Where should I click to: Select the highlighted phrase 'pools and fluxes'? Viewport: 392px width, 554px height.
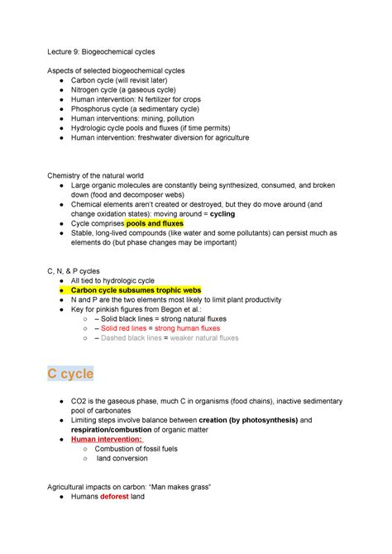tap(155, 223)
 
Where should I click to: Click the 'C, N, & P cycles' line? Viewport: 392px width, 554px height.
tap(74, 270)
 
